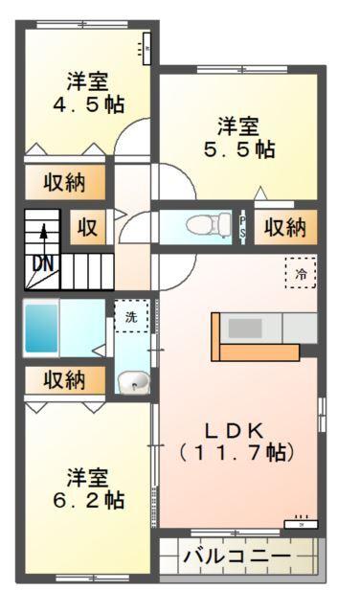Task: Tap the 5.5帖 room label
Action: point(238,138)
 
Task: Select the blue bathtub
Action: point(41,329)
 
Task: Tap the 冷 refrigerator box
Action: point(300,273)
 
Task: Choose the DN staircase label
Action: point(43,262)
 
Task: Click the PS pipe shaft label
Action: point(243,227)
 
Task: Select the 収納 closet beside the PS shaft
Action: point(284,227)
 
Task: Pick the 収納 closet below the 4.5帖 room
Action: point(64,183)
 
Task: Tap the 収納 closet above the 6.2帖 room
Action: point(64,379)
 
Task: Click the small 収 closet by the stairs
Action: point(88,227)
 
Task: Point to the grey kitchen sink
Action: point(244,328)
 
